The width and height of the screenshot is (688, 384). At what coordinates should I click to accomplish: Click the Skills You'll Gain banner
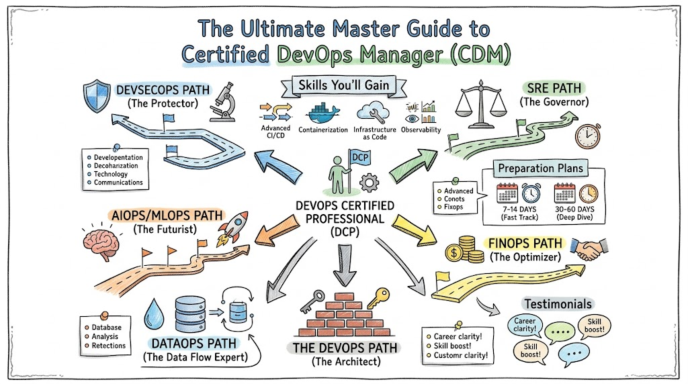coord(344,85)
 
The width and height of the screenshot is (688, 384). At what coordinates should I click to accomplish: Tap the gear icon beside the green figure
coord(370,182)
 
